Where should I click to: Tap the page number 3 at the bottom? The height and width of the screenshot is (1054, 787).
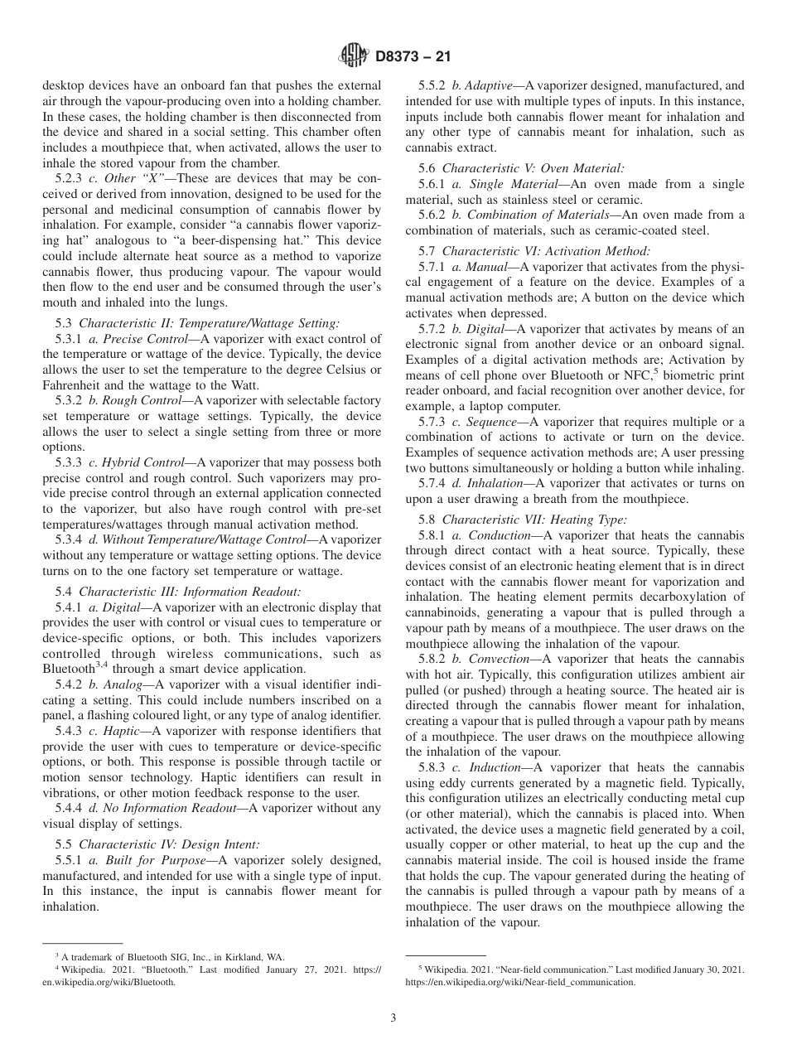(x=393, y=1018)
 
